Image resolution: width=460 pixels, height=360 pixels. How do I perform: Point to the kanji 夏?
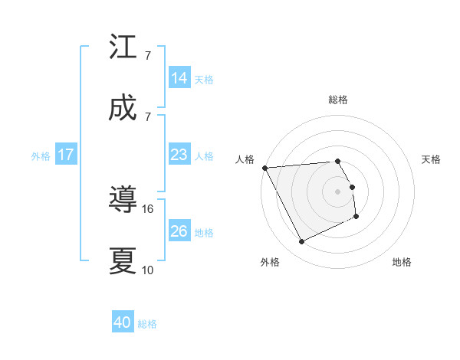tap(123, 261)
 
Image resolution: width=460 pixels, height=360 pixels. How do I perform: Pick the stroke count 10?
tap(148, 270)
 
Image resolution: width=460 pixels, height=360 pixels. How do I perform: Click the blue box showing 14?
tap(179, 78)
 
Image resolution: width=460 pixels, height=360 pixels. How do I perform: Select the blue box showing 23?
tap(179, 155)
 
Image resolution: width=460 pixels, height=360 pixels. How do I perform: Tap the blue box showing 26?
tap(179, 231)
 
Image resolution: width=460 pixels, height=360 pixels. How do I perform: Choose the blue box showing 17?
tap(66, 155)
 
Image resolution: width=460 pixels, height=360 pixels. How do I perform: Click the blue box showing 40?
tap(123, 323)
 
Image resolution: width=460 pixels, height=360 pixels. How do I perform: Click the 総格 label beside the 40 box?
tap(148, 324)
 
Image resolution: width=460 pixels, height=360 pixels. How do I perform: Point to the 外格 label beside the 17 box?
tap(41, 155)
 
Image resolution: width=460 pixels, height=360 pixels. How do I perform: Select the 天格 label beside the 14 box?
tap(204, 79)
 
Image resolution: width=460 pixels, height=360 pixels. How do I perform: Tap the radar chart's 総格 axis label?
tap(338, 100)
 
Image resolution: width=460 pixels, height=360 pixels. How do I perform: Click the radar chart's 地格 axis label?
tap(402, 262)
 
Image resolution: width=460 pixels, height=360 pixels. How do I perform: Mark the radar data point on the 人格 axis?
tap(264, 168)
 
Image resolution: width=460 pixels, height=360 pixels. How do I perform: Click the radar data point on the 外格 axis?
tap(301, 242)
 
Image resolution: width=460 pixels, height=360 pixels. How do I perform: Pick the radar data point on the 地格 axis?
tap(356, 217)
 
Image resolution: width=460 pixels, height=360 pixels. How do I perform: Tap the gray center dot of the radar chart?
tap(338, 191)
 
